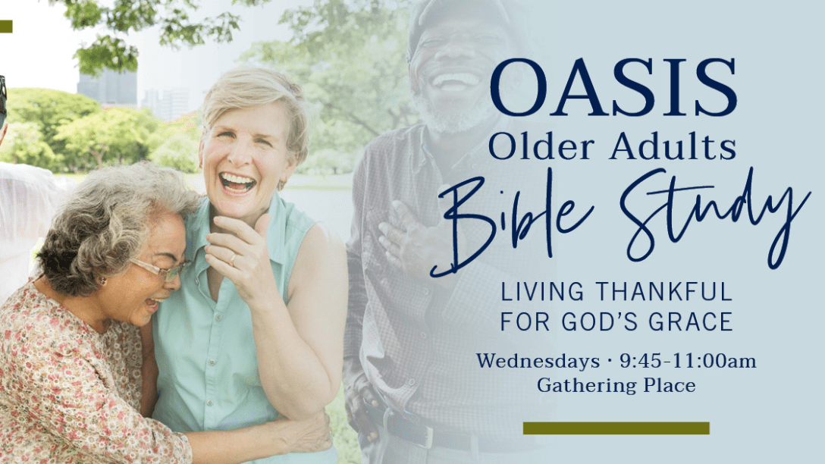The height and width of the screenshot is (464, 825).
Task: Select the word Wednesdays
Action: coord(538,362)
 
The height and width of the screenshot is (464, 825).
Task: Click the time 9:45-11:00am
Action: coord(688,362)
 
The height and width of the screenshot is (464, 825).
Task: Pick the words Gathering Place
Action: coord(616,386)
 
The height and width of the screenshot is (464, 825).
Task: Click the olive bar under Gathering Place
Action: coord(616,428)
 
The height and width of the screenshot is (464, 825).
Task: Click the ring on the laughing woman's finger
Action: coord(232,259)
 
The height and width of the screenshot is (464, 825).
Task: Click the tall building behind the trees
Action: coord(108,86)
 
